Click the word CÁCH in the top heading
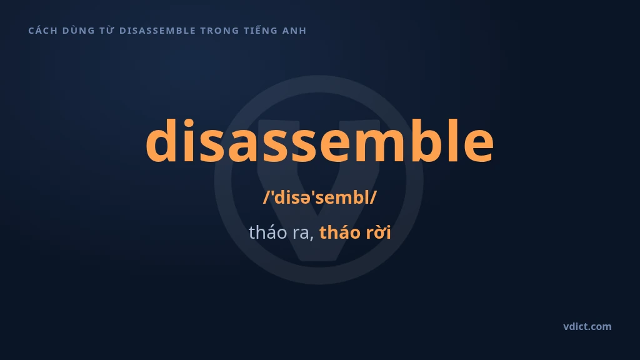[43, 31]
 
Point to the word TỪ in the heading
[107, 30]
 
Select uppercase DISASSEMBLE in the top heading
[157, 31]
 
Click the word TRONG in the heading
[219, 31]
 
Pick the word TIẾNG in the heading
[261, 30]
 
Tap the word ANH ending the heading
[294, 31]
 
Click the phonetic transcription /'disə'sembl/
[320, 197]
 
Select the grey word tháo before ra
[267, 232]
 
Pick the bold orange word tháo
[340, 232]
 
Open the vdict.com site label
[587, 326]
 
